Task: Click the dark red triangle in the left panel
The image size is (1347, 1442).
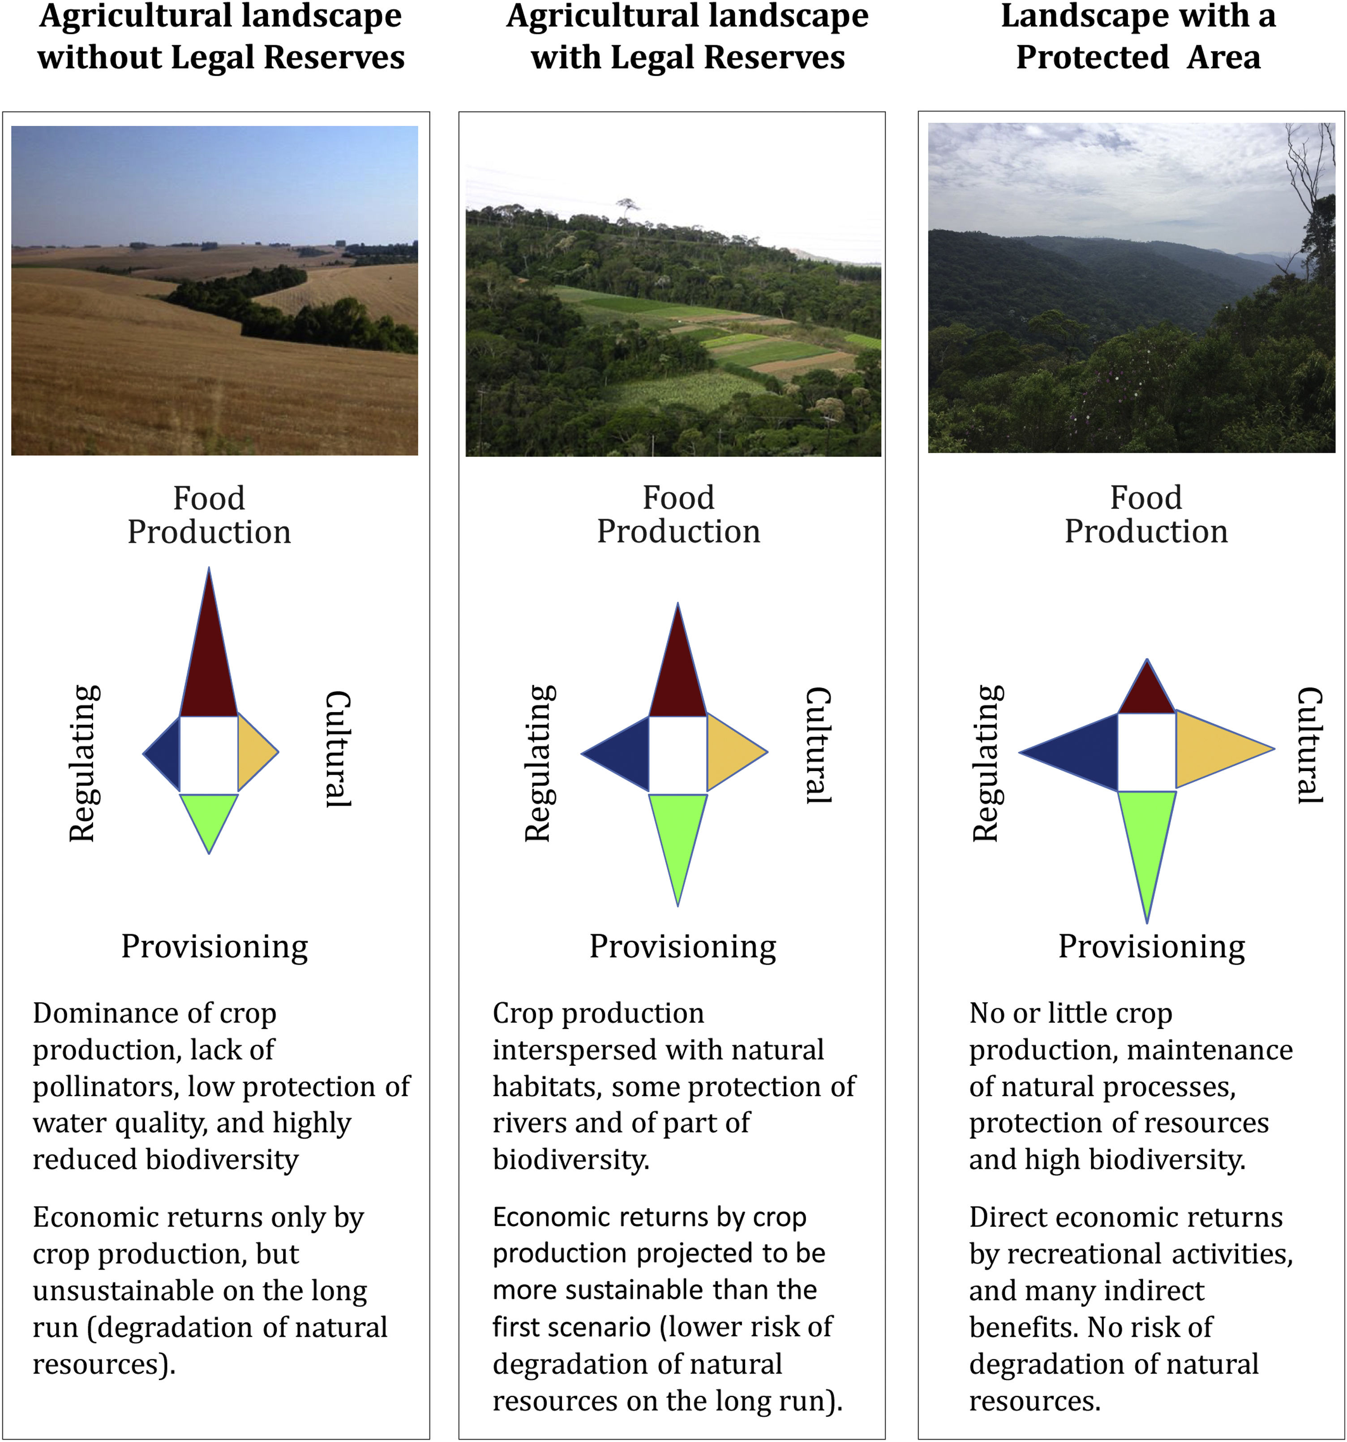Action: click(x=209, y=667)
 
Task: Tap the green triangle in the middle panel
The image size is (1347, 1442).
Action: click(x=678, y=834)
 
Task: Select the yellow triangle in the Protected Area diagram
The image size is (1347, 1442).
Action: click(x=1211, y=749)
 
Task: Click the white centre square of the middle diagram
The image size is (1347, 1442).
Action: click(x=678, y=755)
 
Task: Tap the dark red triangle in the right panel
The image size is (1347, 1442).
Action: click(x=1146, y=693)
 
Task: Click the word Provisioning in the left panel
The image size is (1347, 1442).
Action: click(x=214, y=947)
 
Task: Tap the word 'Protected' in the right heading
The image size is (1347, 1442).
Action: click(x=1092, y=57)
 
